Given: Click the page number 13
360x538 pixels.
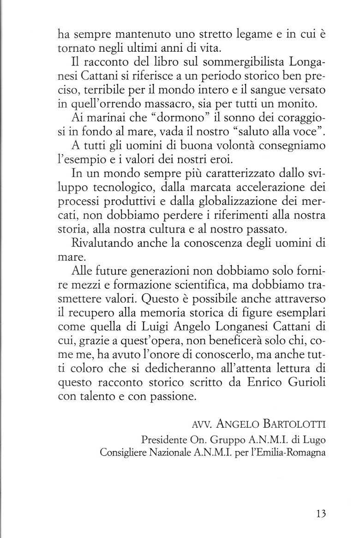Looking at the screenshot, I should (321, 514).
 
